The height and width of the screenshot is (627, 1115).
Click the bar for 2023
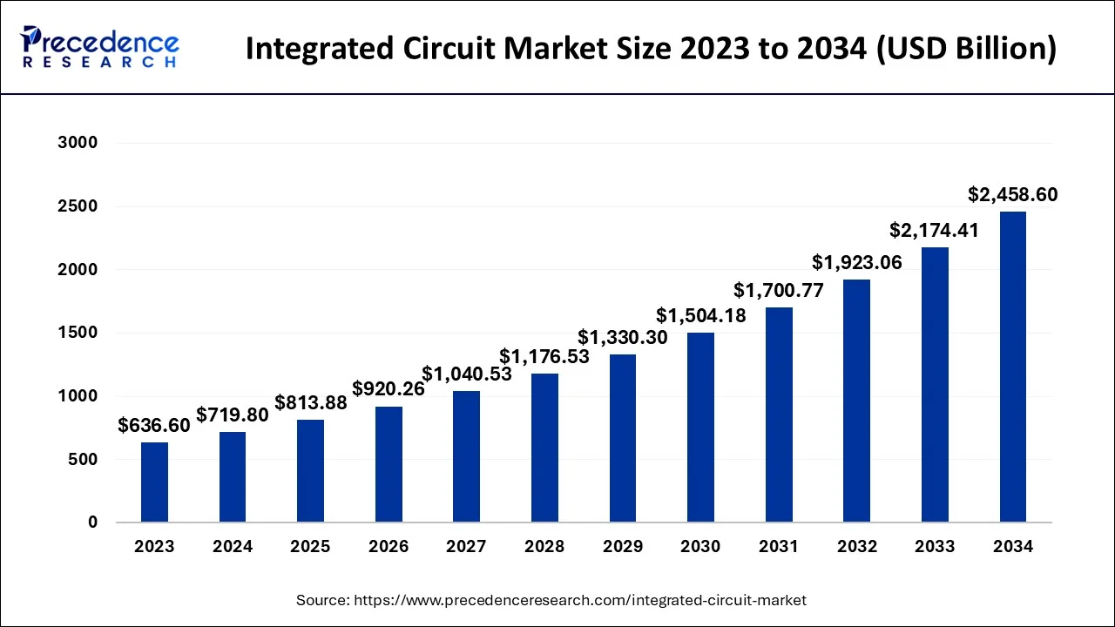(x=154, y=482)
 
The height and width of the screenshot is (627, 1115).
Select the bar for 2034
(x=1012, y=367)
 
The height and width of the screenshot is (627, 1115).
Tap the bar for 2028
(x=544, y=448)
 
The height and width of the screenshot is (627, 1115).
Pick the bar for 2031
(x=779, y=415)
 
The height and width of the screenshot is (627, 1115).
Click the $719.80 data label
(x=233, y=415)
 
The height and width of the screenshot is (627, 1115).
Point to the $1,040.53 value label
(x=467, y=374)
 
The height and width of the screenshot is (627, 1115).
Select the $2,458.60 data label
(x=1012, y=195)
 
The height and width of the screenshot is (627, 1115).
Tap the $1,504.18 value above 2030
(x=701, y=315)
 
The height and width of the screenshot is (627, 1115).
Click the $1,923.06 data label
(x=856, y=262)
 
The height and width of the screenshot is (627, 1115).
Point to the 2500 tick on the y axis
(x=78, y=206)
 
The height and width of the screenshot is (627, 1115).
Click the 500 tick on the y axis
(x=84, y=459)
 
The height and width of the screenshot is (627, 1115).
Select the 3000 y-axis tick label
(x=78, y=143)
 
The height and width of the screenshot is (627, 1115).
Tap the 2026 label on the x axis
(x=389, y=547)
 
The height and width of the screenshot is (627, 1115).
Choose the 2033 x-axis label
(x=935, y=547)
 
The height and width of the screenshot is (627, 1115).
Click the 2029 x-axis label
(x=623, y=547)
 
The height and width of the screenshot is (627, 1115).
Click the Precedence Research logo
(x=100, y=47)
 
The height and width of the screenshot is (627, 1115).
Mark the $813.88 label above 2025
(x=311, y=403)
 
